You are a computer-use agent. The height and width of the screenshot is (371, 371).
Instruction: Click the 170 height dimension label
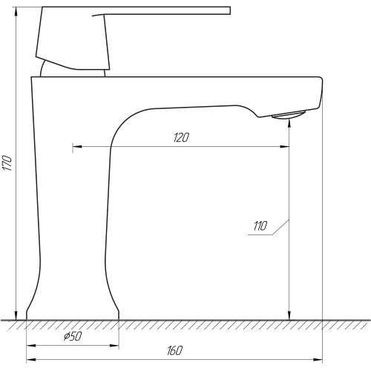[7, 163]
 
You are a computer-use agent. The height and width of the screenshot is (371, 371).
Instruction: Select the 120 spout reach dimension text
[181, 138]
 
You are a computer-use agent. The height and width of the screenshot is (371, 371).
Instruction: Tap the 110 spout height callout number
[260, 226]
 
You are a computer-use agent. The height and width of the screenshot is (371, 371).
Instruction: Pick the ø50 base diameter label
[73, 336]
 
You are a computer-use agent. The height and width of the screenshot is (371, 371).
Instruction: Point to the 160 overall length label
[175, 351]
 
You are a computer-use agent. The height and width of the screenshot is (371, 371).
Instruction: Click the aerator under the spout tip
[289, 115]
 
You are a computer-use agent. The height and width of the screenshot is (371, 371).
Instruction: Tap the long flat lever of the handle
[161, 11]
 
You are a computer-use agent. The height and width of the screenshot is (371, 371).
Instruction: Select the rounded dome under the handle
[73, 69]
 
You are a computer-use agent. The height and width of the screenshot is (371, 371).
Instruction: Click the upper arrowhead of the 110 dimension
[289, 123]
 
